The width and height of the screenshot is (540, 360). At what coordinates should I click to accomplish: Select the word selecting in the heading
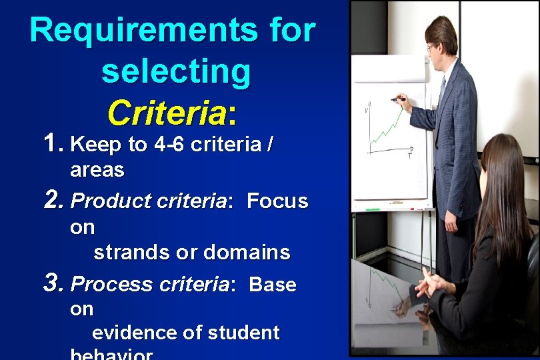176,71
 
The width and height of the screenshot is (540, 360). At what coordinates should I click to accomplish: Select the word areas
97,170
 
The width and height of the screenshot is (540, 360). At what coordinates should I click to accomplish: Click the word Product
101,201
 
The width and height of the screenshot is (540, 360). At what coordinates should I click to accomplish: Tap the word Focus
277,201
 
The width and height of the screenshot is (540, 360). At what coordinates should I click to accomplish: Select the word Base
273,285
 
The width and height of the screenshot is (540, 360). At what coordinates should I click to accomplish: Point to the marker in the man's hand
398,99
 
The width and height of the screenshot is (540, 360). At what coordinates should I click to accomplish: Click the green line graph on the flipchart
387,130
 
